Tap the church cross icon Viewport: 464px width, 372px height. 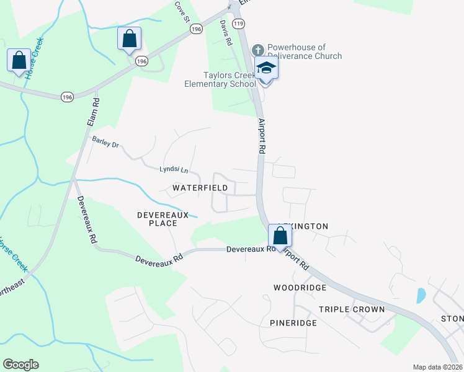(258, 50)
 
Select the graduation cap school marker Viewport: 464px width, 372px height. (266, 68)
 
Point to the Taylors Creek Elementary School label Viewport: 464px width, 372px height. (220, 79)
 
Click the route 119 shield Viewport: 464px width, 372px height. (240, 24)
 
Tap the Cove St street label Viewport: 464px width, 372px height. (181, 12)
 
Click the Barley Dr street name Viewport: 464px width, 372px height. (105, 142)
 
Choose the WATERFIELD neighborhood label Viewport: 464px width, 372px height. (200, 187)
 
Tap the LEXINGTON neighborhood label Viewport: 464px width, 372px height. (303, 226)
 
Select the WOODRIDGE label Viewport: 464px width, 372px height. (300, 288)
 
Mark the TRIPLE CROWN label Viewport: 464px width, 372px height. (352, 309)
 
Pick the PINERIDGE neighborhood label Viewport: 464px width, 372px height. (293, 323)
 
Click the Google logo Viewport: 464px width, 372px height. (20, 364)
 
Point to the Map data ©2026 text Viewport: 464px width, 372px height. (437, 367)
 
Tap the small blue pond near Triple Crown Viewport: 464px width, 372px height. (421, 295)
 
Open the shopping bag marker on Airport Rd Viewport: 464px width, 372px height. (280, 236)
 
